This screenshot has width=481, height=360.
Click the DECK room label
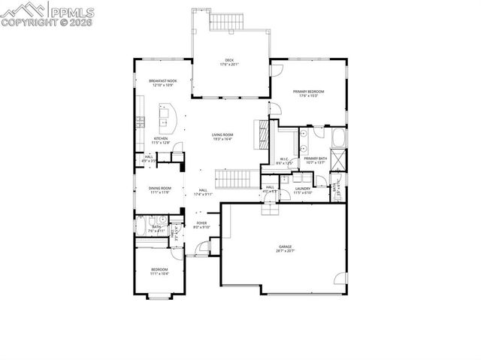[x=228, y=60]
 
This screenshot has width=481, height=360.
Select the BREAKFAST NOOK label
[x=162, y=80]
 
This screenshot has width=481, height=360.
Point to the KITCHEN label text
[x=161, y=138]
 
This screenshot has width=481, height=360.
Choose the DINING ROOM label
[x=159, y=188]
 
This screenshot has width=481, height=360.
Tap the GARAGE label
[x=285, y=246]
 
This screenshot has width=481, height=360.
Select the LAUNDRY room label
[x=302, y=189]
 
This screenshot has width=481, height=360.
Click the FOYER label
[x=201, y=222]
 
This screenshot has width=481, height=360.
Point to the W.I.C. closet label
[x=285, y=159]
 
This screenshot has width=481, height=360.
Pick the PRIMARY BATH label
[x=315, y=159]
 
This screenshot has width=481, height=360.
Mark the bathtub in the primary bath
[x=339, y=138]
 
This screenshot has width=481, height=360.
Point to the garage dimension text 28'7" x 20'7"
[x=285, y=250]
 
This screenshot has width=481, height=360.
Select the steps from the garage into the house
[x=268, y=208]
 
